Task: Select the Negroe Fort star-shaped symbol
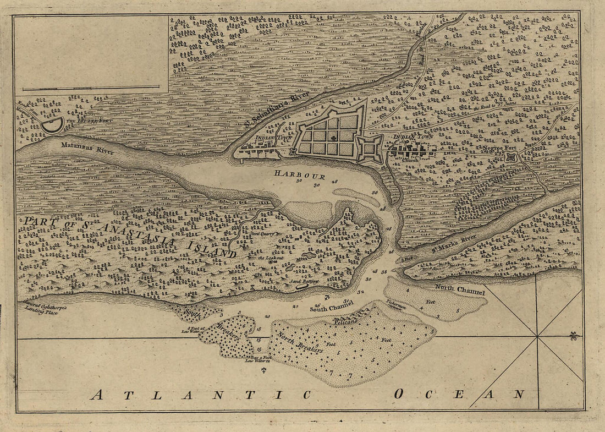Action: click(x=511, y=157)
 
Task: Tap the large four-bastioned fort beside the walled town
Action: click(x=370, y=149)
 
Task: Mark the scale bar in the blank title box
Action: click(x=91, y=88)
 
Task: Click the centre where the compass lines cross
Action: click(x=537, y=336)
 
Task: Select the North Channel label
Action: click(x=460, y=289)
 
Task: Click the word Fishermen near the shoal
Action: click(x=395, y=303)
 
